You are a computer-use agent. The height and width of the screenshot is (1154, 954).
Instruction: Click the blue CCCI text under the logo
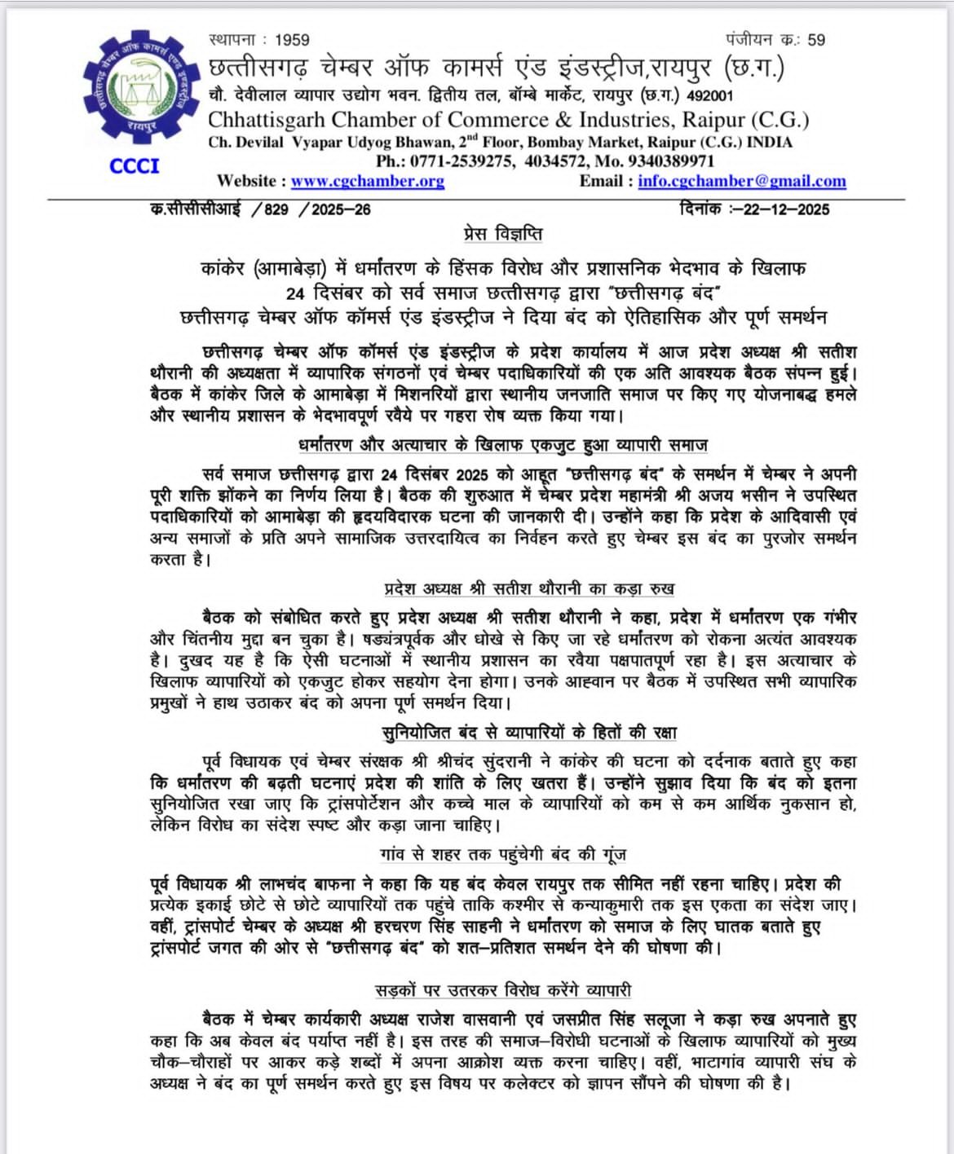coord(135,166)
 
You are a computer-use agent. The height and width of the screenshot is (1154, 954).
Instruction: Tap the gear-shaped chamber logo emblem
coord(142,88)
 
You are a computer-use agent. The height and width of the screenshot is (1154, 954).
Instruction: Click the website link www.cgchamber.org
coord(367,181)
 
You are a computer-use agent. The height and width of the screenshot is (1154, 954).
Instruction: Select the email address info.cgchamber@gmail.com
coord(741,181)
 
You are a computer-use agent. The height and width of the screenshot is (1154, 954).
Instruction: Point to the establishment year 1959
coord(292,40)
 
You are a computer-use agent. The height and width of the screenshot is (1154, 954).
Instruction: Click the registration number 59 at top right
coord(815,40)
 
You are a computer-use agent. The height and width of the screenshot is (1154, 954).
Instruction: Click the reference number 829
coord(276,209)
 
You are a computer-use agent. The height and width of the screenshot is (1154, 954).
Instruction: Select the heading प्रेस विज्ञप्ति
coord(503,234)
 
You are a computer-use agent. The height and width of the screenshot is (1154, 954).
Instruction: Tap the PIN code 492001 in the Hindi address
coord(709,96)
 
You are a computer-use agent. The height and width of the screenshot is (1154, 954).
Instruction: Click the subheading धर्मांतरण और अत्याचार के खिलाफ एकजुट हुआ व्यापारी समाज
coord(503,445)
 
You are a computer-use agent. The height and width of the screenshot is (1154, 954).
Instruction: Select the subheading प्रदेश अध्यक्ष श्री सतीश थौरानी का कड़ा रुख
coord(529,588)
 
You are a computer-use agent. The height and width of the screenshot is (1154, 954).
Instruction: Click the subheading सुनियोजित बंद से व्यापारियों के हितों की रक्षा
coord(529,732)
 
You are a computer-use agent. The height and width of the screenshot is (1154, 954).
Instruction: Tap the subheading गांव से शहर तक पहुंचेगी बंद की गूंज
coord(503,855)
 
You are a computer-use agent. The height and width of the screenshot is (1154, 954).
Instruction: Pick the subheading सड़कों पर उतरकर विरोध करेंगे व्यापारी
coord(503,990)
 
